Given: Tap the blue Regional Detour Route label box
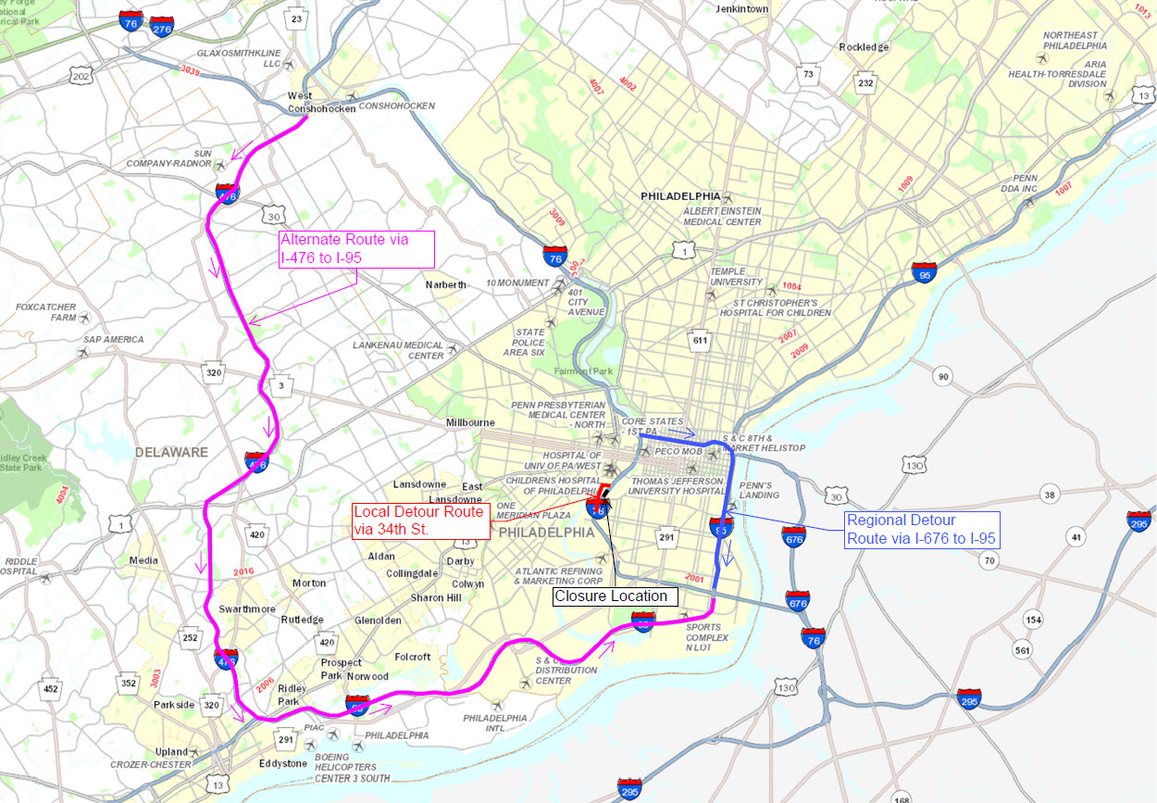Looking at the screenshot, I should point(922,530).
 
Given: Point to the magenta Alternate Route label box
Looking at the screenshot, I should point(357,250).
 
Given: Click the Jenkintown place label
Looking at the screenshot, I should point(742,8).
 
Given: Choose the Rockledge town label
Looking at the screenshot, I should point(864,47).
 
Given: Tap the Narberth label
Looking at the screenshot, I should point(446,284).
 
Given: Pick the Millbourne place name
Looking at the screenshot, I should point(470,422).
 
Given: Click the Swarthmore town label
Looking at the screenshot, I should point(247,609).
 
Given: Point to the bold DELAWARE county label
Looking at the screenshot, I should point(170,452).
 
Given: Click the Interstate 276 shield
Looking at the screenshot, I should point(162,27).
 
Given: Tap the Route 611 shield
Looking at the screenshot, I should point(700,340).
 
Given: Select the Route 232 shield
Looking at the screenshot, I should point(865,83).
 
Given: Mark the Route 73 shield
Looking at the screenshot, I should point(809,74).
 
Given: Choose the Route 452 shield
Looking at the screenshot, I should point(50,688).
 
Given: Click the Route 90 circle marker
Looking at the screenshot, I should point(943,376).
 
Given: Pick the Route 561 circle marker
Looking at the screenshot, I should point(1023,650).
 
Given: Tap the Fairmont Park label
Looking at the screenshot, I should point(583,371).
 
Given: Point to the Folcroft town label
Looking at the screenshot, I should point(413,657).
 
